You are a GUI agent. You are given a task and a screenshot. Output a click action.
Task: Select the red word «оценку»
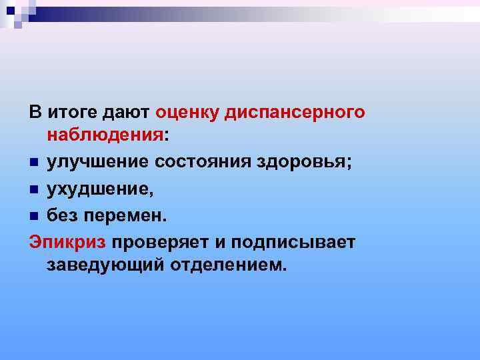click(x=189, y=112)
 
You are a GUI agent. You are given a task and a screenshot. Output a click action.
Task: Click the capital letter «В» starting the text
click(x=35, y=112)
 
